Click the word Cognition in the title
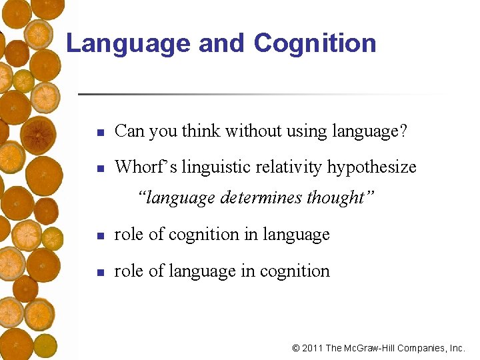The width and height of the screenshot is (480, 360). [315, 44]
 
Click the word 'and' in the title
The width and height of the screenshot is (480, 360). [223, 44]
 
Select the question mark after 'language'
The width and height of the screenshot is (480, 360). [404, 131]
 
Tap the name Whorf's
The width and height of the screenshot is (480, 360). [140, 167]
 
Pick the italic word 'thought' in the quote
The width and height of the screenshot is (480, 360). [336, 198]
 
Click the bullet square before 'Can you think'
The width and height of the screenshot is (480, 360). [99, 133]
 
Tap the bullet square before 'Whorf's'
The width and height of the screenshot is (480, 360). [99, 168]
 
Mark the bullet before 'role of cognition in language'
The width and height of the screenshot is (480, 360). [99, 236]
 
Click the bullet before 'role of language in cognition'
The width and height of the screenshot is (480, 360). [99, 273]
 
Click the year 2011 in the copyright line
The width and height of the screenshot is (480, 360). [313, 348]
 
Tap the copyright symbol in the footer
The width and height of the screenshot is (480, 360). [296, 348]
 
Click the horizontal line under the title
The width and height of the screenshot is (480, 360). [260, 94]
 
